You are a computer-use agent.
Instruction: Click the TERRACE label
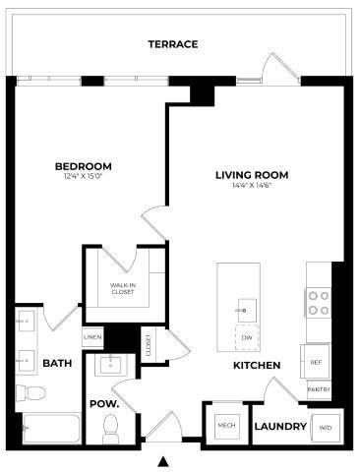(x=172, y=44)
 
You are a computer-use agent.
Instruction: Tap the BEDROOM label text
(x=83, y=166)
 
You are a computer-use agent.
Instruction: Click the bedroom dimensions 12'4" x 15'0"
(x=83, y=177)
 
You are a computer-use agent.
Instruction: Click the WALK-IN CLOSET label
(x=122, y=288)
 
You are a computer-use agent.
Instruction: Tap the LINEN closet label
(x=92, y=337)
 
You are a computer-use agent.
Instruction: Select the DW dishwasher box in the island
(x=247, y=337)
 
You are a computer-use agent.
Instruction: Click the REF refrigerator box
(x=316, y=363)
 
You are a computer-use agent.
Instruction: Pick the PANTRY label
(x=318, y=389)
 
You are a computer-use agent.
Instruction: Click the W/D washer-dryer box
(x=325, y=428)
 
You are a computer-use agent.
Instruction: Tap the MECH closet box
(x=225, y=426)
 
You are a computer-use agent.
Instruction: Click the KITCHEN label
(x=257, y=366)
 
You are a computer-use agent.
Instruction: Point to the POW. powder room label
(x=104, y=404)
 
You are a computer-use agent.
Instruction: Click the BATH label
(x=57, y=364)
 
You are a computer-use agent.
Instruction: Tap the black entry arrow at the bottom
(x=164, y=460)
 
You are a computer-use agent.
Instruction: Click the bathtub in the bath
(x=49, y=430)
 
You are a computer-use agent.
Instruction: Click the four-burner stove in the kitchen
(x=318, y=302)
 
